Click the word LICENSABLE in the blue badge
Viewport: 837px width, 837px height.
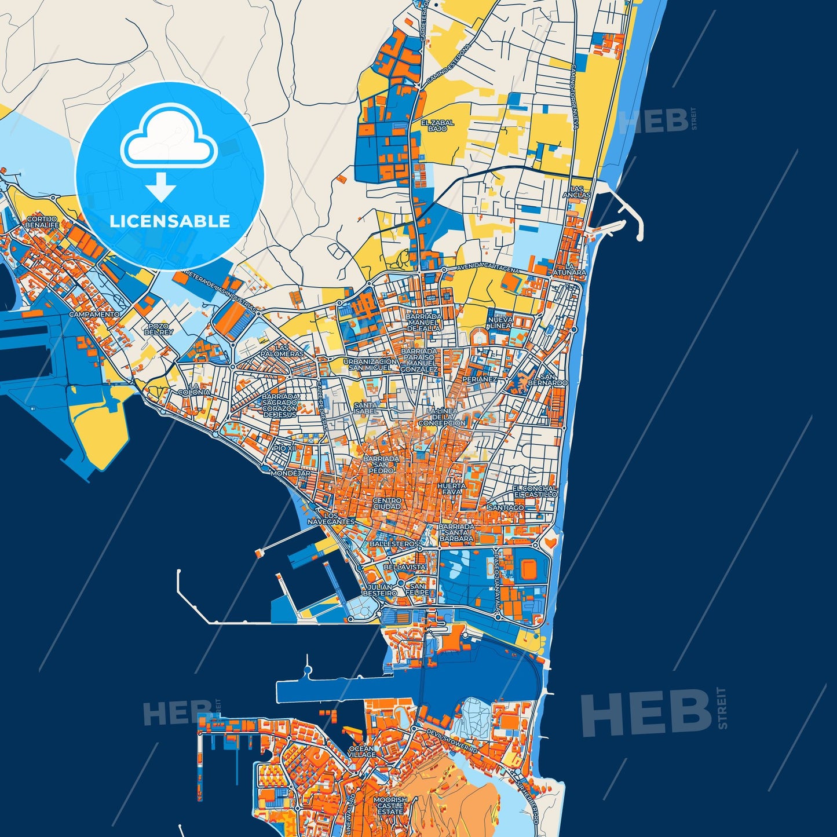tap(170, 221)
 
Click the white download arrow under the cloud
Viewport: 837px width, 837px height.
tap(161, 187)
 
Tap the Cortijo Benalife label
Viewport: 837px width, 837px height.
tap(42, 222)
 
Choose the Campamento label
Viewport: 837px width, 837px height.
tap(94, 314)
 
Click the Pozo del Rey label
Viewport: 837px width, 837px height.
tap(158, 329)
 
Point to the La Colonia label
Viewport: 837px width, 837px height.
tap(194, 389)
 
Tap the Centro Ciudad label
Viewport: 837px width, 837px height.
tap(387, 503)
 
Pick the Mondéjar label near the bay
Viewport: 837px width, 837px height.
tap(290, 473)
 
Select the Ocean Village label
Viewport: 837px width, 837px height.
tap(362, 752)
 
